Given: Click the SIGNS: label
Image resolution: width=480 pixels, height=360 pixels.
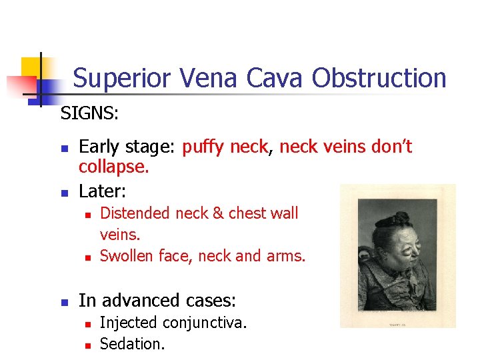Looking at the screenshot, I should tap(89, 114).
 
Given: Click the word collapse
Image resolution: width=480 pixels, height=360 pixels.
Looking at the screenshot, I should tap(113, 167).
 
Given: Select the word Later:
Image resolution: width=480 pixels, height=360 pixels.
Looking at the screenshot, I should tap(103, 191).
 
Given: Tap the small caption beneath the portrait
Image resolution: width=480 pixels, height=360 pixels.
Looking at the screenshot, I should tap(397, 325).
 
